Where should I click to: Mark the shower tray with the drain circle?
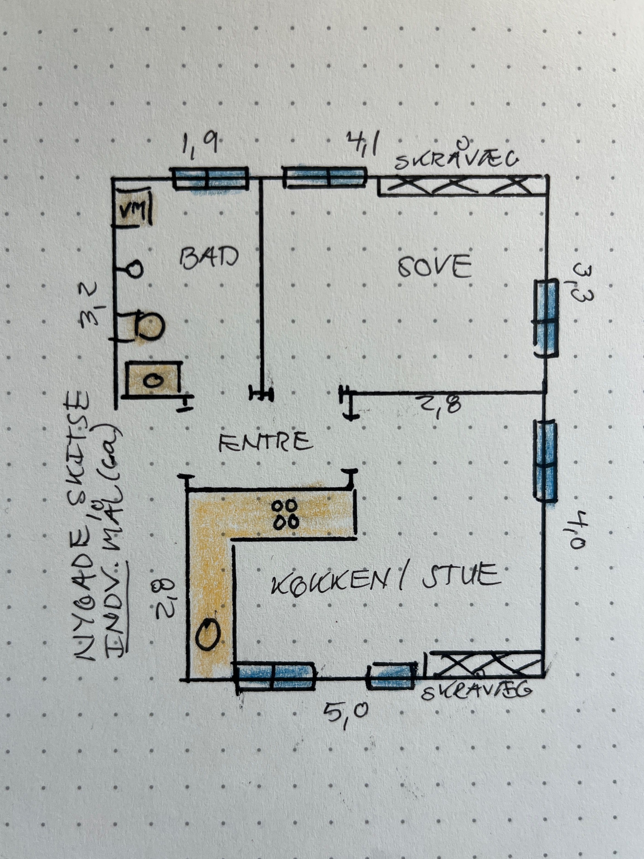154,379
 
